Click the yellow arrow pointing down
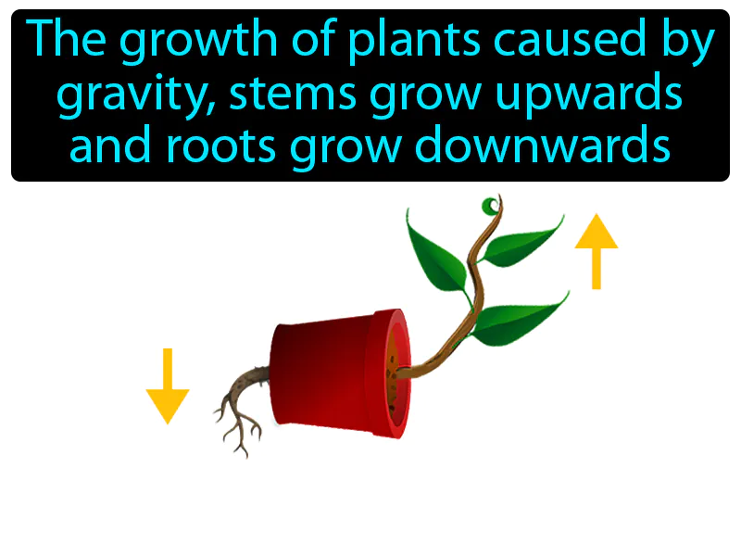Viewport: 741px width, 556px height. [x=168, y=385]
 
